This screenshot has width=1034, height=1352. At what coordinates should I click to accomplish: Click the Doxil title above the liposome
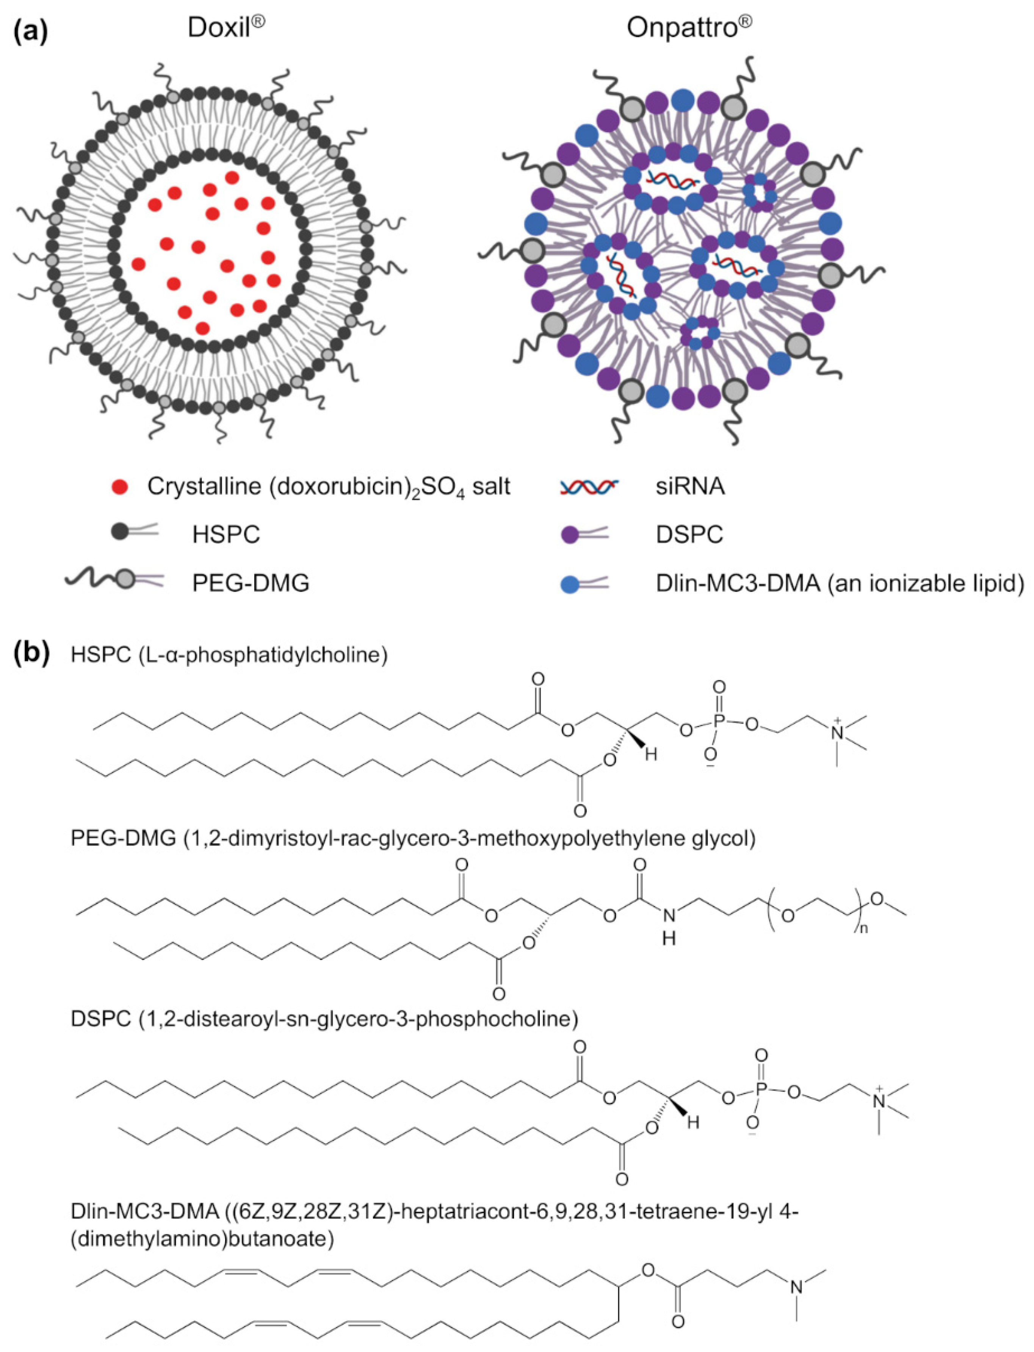[x=225, y=28]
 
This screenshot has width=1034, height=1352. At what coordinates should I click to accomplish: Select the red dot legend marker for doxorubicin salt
[x=121, y=487]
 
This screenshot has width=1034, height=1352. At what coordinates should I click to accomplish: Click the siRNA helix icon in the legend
[x=588, y=487]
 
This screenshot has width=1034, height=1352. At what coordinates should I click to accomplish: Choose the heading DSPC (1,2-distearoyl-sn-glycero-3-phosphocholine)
[x=324, y=1019]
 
